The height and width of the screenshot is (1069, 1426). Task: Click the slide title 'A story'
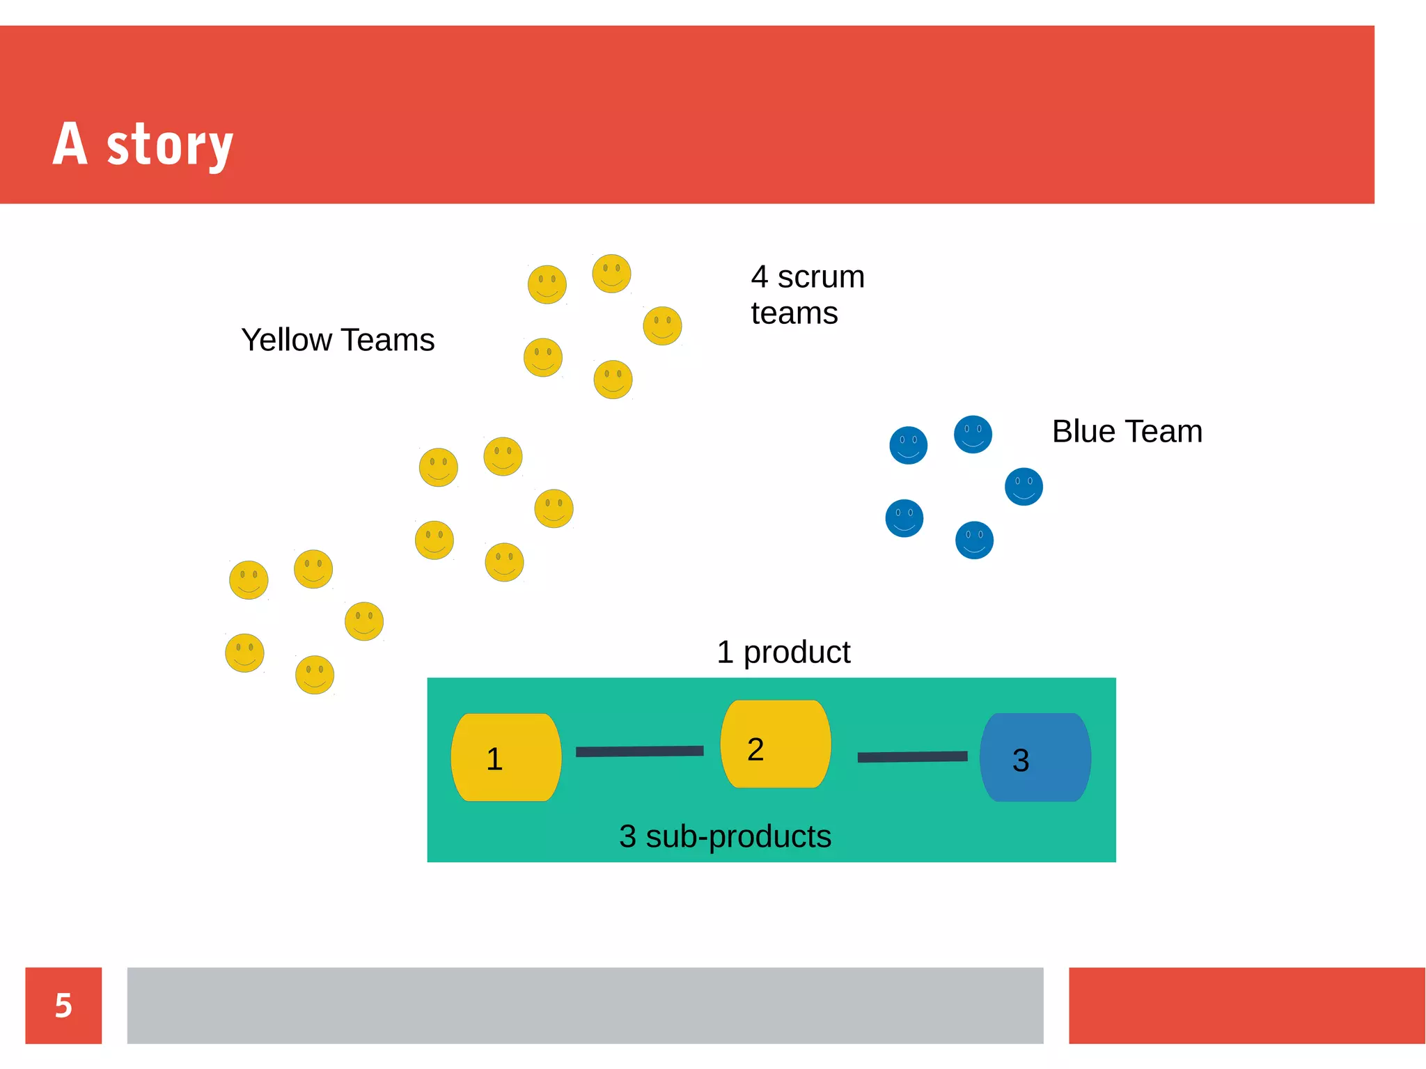click(143, 144)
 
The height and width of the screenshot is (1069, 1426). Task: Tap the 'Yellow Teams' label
click(338, 341)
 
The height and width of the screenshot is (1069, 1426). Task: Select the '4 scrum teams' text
click(807, 295)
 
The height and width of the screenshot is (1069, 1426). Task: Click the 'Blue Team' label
click(1127, 432)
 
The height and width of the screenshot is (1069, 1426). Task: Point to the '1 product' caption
click(783, 653)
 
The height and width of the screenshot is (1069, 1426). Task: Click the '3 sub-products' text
click(725, 836)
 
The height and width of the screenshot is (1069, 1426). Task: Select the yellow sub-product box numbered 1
click(506, 758)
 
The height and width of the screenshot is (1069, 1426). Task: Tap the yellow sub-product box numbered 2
click(776, 744)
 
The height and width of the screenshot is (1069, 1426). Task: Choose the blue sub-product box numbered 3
click(1035, 758)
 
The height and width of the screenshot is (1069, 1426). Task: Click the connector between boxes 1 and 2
click(639, 751)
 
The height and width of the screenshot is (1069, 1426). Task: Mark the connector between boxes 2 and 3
click(912, 757)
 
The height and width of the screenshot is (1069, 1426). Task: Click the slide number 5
click(63, 1006)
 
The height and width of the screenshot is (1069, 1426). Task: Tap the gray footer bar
click(585, 1006)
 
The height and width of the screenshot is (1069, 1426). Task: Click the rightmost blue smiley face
click(1024, 487)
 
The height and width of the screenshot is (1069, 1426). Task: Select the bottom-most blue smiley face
click(974, 540)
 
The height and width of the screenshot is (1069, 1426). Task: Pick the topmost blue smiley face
click(973, 435)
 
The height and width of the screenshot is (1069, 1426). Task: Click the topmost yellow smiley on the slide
click(611, 274)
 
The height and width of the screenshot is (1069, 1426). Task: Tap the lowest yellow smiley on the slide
click(315, 675)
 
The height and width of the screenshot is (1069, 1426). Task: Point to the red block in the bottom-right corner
click(1246, 1006)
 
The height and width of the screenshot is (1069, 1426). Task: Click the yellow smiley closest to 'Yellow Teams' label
click(543, 358)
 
